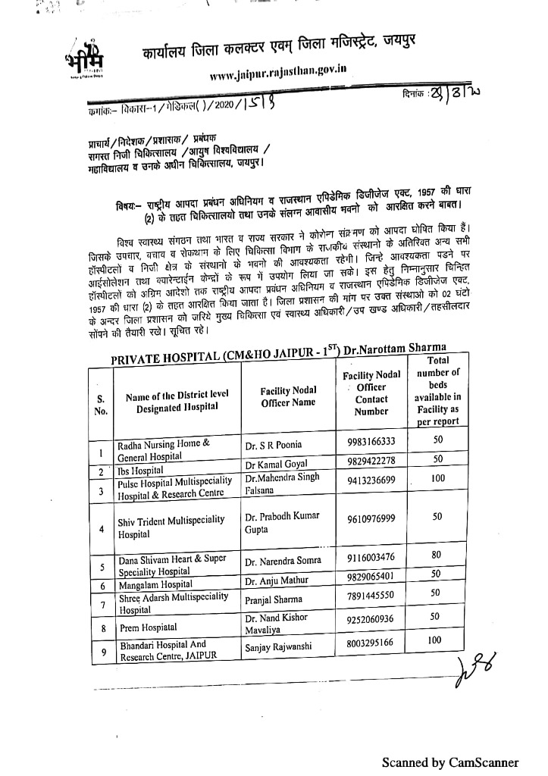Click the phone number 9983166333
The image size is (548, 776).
pyautogui.click(x=371, y=442)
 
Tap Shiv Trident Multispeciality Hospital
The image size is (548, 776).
pyautogui.click(x=171, y=526)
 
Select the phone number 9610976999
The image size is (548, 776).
pyautogui.click(x=371, y=518)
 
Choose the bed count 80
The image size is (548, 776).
pyautogui.click(x=436, y=555)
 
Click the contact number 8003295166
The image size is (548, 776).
pyautogui.click(x=371, y=643)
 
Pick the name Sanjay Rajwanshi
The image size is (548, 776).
pyautogui.click(x=280, y=648)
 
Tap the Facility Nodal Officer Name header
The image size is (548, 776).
pyautogui.click(x=288, y=396)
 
